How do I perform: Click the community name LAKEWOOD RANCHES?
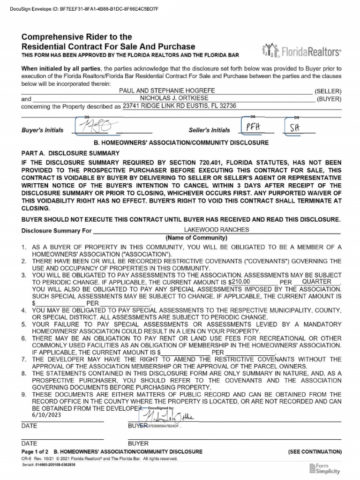point(216,230)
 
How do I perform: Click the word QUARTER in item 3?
point(317,282)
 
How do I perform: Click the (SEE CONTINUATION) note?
point(315,451)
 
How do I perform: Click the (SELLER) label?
point(328,91)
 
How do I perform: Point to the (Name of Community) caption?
point(196,238)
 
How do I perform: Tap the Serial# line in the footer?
point(48,465)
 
